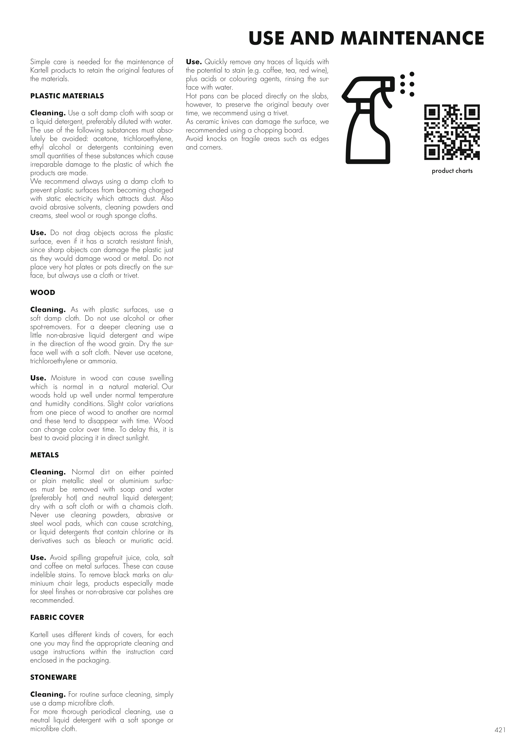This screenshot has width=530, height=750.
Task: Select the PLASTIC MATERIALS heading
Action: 67,96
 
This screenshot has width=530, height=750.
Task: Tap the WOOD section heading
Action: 43,293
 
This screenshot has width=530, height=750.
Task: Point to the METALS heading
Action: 44,455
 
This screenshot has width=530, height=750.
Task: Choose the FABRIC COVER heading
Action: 57,617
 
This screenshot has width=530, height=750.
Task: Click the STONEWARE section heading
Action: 53,677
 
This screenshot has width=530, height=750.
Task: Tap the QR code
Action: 452,132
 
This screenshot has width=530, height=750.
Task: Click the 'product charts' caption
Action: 452,171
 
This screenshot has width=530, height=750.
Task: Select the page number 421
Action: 500,730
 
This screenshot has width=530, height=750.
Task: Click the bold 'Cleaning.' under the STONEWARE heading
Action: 48,694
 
